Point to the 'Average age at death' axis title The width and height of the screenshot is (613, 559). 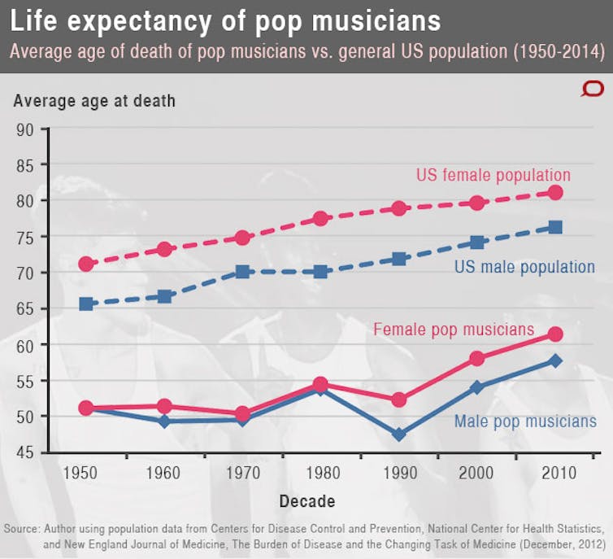pos(93,102)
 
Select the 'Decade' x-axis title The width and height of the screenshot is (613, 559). pos(306,501)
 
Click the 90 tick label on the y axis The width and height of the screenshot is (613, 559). pos(25,129)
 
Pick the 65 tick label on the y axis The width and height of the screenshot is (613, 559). pos(25,308)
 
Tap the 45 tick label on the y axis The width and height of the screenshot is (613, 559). pos(25,452)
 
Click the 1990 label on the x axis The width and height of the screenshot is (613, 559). pos(399,473)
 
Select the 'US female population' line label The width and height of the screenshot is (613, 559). pos(493,175)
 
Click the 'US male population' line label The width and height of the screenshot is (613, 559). pos(524,267)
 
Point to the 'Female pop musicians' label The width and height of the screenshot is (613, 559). pos(454,330)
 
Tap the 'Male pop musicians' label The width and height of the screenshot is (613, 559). pos(525,421)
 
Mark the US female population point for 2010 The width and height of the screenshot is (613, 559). pos(555,193)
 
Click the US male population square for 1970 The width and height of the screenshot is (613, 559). pos(242,272)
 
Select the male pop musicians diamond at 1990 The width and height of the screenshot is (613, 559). pos(399,435)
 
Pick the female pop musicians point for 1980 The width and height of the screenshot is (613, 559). pos(320,384)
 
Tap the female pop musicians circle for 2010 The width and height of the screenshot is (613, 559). pos(555,334)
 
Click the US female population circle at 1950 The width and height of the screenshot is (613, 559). pos(86,264)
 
